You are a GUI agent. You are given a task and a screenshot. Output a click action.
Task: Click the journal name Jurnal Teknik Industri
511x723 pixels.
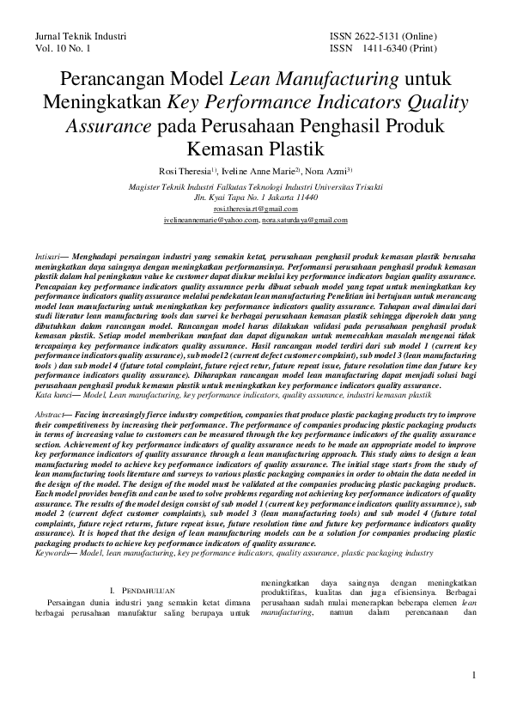tap(81, 37)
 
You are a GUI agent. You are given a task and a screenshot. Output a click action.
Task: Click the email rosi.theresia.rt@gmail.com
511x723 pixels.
tap(255, 209)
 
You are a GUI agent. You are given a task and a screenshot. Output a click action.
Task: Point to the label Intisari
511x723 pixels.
tap(46, 256)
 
